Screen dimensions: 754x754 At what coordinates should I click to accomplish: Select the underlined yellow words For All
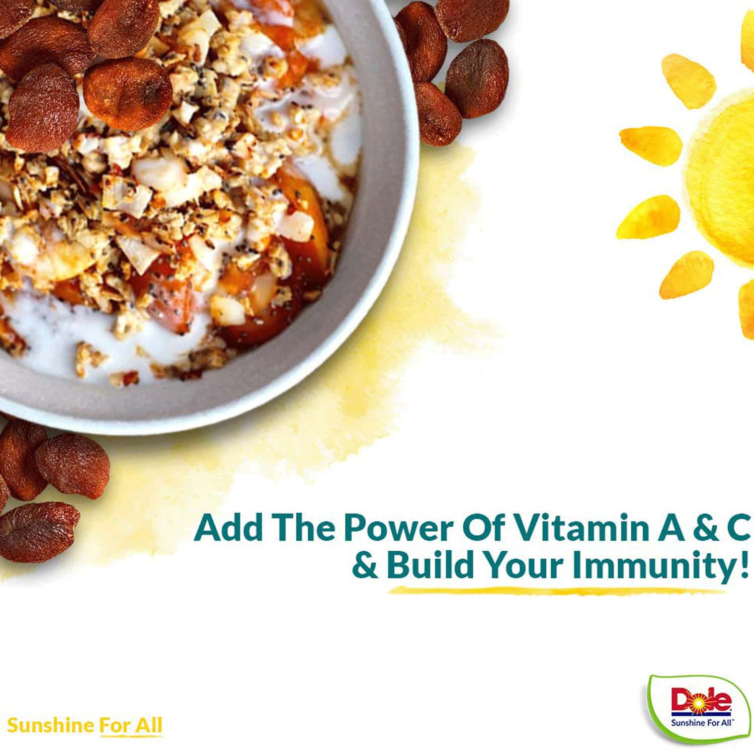pos(131,726)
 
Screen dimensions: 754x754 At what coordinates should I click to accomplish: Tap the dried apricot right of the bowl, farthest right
pos(477,78)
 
